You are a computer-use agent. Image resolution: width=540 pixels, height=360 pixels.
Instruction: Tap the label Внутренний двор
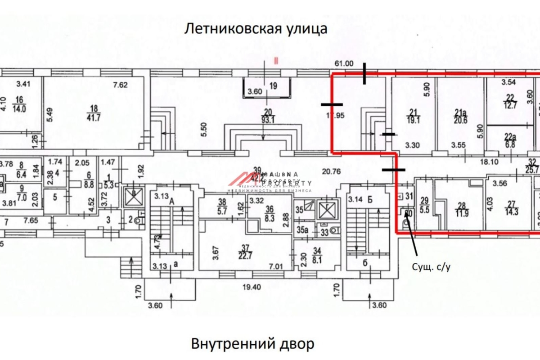pos(252,345)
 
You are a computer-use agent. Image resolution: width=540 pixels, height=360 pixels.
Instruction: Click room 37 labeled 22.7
pos(245,252)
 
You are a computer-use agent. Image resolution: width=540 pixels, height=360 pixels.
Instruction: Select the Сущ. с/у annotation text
pos(431,267)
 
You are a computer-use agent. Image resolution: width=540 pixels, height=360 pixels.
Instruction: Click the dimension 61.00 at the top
pos(343,64)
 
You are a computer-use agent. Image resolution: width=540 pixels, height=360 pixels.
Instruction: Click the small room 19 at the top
pos(273,86)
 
